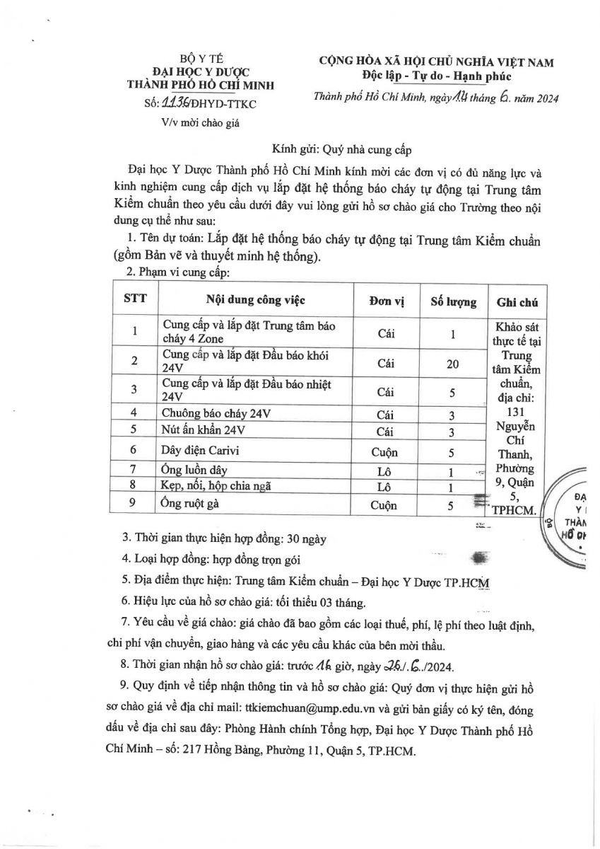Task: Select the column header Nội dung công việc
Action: [256, 300]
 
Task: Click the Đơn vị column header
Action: [386, 301]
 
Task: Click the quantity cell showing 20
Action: [453, 364]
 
